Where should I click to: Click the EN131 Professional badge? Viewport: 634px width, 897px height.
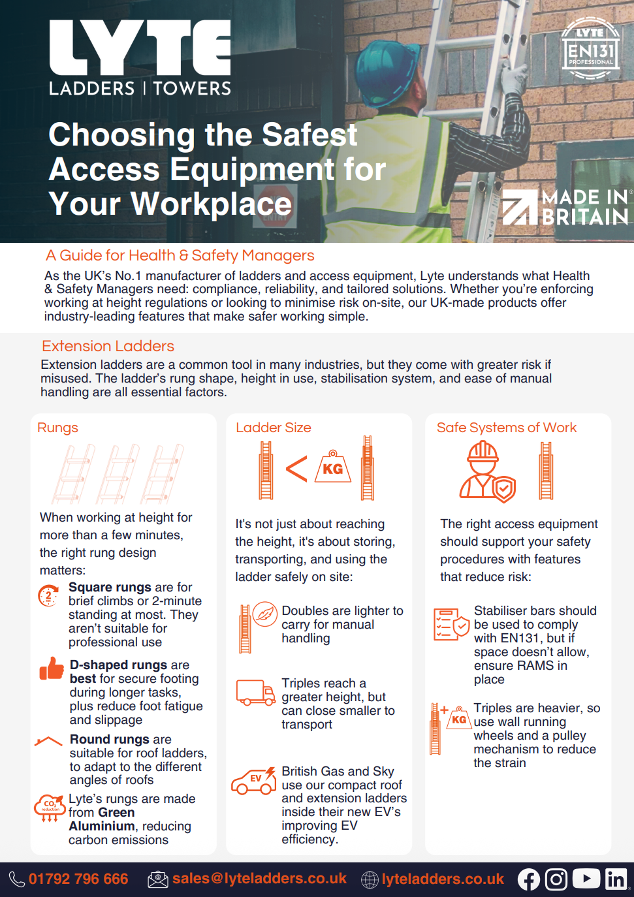point(590,49)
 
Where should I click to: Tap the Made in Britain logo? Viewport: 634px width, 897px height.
point(565,207)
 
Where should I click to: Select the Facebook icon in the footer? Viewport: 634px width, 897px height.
point(529,879)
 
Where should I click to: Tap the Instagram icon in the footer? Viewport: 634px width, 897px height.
point(556,879)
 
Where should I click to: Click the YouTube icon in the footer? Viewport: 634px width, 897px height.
point(586,879)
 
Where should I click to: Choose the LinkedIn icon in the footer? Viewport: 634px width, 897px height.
point(616,879)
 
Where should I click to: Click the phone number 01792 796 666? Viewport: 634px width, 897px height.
point(78,879)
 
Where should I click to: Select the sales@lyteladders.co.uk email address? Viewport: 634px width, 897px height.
point(259,879)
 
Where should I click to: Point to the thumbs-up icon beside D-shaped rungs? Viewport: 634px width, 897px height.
point(52,669)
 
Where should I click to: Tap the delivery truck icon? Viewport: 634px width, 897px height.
point(255,693)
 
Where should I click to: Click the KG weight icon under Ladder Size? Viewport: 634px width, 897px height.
point(333,467)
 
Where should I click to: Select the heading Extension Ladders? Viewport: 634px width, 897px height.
point(108,346)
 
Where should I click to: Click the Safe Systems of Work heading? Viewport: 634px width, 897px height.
point(506,428)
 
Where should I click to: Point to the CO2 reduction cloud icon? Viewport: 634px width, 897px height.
point(50,807)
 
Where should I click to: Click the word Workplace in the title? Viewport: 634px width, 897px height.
point(212,204)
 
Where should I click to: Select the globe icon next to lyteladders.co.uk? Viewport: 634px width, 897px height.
point(370,879)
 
